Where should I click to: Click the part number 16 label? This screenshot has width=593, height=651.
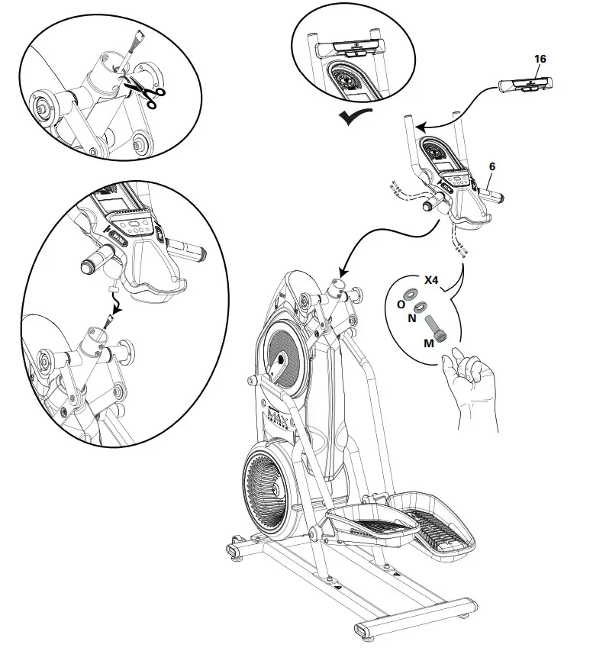point(541,59)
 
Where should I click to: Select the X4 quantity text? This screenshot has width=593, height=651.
point(432,280)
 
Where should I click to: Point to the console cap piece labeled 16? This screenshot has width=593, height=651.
point(526,85)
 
